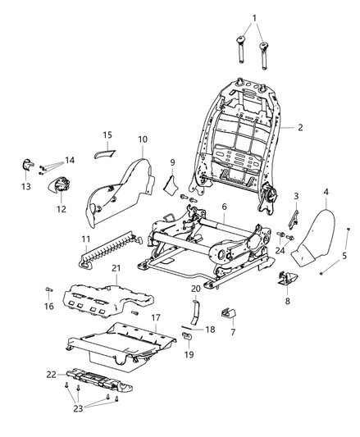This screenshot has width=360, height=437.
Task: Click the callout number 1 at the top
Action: point(253,17)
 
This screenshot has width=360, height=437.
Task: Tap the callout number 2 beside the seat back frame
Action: point(301,128)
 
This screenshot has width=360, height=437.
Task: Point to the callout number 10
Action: point(142,139)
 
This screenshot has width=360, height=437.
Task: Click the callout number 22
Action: point(52,374)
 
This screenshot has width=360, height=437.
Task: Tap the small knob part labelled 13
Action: point(26,168)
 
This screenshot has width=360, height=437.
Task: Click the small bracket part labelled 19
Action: point(186,336)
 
